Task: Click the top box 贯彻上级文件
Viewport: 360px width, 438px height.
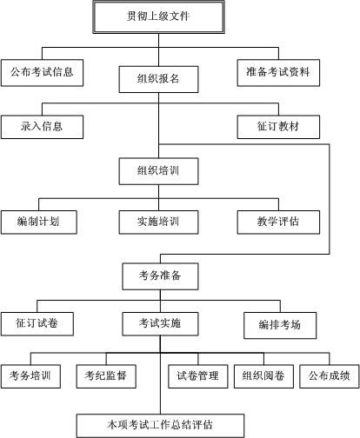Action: pos(158,16)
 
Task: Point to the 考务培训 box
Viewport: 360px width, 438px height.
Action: pos(30,375)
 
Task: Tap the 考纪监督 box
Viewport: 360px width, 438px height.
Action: pos(105,375)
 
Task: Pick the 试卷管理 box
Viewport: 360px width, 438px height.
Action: pos(197,375)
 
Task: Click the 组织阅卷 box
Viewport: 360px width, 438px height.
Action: pos(263,375)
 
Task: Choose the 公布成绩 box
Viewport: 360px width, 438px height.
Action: pos(329,375)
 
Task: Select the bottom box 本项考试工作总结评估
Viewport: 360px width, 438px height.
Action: pos(160,425)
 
